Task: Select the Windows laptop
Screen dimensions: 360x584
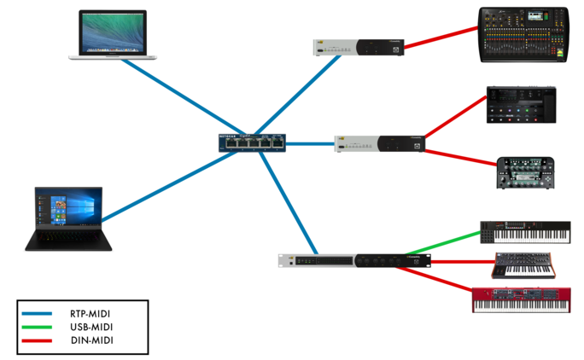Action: click(x=67, y=219)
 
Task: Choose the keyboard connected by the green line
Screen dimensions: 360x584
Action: click(x=524, y=232)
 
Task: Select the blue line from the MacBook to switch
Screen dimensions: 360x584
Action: click(x=172, y=100)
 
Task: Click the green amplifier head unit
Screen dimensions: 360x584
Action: click(x=526, y=173)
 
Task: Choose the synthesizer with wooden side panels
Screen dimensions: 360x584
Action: click(x=523, y=266)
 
